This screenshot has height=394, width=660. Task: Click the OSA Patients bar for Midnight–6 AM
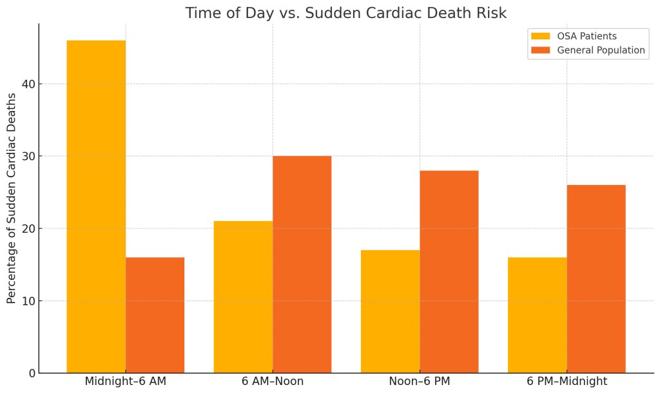(96, 206)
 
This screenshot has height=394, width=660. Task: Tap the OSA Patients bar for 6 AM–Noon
(243, 297)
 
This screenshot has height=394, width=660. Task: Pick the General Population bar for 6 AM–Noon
(302, 264)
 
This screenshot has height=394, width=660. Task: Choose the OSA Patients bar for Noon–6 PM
(390, 311)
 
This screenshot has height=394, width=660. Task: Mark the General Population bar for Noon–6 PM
(449, 271)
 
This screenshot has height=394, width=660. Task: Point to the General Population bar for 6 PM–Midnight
(596, 279)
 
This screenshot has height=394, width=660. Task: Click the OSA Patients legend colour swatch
(540, 36)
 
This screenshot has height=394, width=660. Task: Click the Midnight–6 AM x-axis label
(125, 381)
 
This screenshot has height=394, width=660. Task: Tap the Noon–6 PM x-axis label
(420, 381)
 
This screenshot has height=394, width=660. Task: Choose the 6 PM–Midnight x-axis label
(567, 381)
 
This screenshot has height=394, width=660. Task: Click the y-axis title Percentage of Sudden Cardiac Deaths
(12, 198)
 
